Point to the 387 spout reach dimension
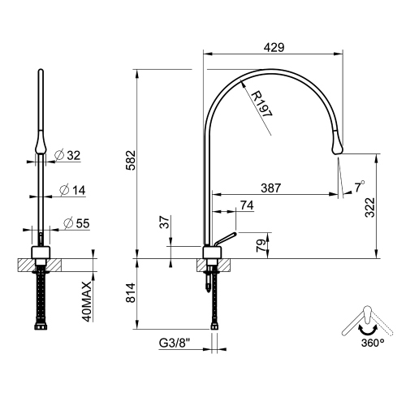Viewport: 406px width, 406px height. [x=270, y=188]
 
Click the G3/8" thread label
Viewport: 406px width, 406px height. [x=176, y=344]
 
